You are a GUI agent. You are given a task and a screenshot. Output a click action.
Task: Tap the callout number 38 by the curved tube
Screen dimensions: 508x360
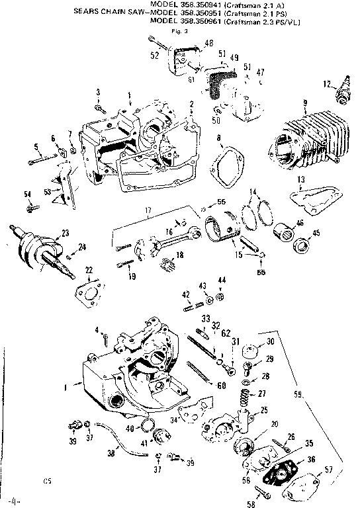(x=111, y=456)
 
